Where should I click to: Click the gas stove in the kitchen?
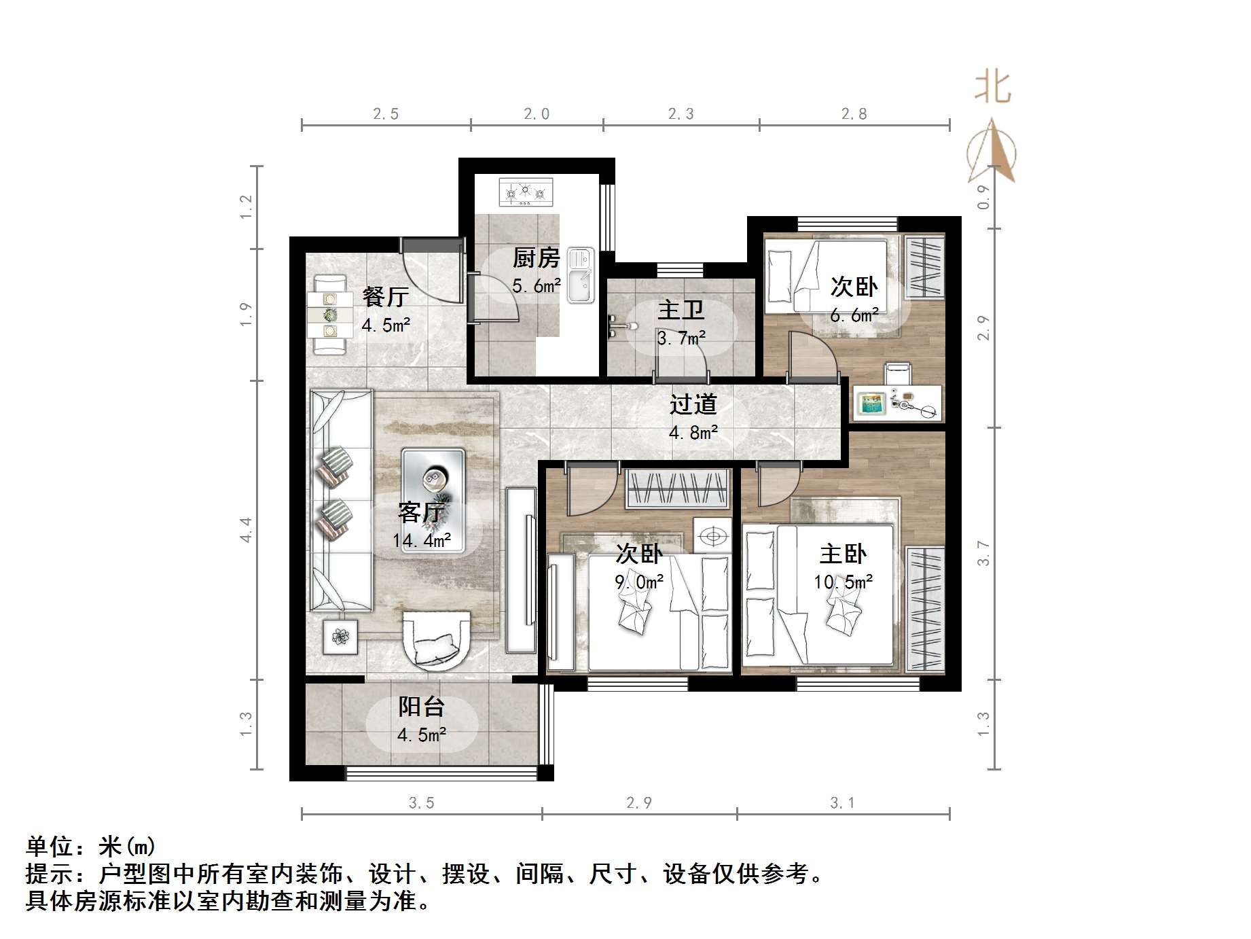[x=526, y=192]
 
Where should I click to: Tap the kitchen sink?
[x=581, y=274]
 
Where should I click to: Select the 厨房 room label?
[x=536, y=258]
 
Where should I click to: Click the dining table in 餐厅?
[x=330, y=315]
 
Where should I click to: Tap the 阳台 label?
[x=421, y=707]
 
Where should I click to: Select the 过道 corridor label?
[x=693, y=404]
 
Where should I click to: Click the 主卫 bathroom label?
[x=681, y=311]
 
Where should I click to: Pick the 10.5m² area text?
[x=844, y=582]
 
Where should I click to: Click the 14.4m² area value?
[x=422, y=541]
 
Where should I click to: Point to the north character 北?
[x=992, y=88]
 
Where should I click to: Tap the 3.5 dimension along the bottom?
[x=421, y=803]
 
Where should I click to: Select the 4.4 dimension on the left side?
[x=246, y=529]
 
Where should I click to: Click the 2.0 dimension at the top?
[x=537, y=114]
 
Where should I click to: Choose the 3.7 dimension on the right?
[x=983, y=553]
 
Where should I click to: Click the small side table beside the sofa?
[x=340, y=637]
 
